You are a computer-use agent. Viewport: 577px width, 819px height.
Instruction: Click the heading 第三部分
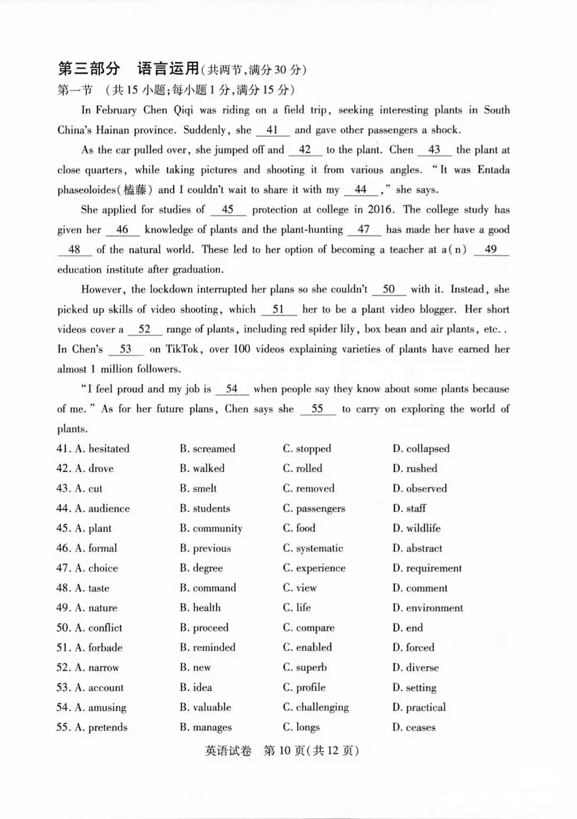(x=89, y=69)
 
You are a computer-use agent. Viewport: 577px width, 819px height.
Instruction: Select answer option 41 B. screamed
(x=207, y=449)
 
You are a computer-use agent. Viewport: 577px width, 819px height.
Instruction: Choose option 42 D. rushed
(x=415, y=469)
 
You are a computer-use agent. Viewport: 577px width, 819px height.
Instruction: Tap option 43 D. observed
(x=419, y=488)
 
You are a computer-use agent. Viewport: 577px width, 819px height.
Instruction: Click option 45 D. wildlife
(x=416, y=528)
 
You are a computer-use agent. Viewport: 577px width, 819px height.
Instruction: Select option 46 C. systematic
(x=313, y=548)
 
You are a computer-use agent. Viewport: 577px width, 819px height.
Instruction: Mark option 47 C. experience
(x=314, y=568)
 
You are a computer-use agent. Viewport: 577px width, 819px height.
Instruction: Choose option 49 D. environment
(x=427, y=608)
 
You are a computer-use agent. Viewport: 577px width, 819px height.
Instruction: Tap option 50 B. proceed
(x=204, y=628)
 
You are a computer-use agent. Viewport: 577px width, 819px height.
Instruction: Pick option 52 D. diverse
(x=415, y=668)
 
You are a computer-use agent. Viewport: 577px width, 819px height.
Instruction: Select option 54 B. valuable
(x=206, y=707)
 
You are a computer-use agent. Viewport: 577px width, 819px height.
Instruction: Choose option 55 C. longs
(x=301, y=728)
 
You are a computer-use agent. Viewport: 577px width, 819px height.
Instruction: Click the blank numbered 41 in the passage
(x=272, y=130)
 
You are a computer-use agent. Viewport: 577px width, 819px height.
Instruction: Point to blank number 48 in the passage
(x=74, y=250)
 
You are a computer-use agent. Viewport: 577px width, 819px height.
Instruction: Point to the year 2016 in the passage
(x=380, y=210)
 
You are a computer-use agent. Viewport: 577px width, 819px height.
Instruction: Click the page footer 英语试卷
(x=228, y=751)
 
